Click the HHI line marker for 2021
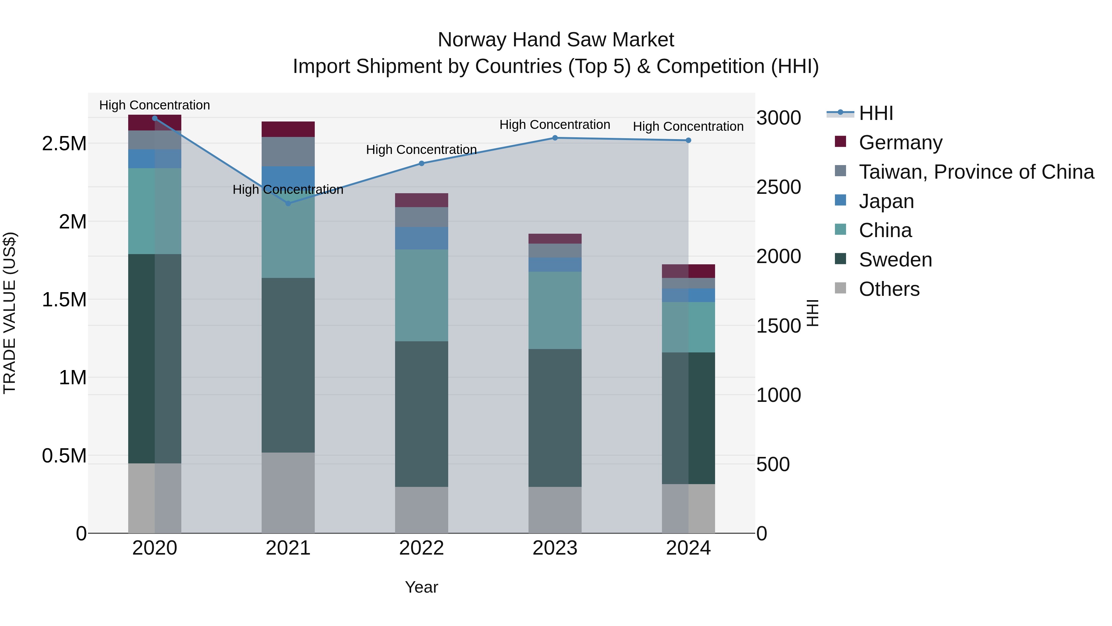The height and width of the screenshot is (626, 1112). coord(289,203)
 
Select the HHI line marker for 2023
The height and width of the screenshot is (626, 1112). coord(555,138)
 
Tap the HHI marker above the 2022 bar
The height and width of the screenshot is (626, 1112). coord(422,163)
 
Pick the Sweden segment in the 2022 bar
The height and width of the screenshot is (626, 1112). coord(421,414)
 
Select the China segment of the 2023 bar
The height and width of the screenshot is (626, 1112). coord(555,310)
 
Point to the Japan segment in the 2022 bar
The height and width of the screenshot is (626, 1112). coord(421,238)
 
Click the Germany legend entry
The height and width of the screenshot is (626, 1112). coord(900,143)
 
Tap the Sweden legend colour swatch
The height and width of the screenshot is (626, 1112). coord(840,259)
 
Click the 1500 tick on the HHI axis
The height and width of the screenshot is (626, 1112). coord(778,326)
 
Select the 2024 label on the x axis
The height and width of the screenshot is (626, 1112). coord(688,548)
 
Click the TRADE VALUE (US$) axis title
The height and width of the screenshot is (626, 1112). coord(10,313)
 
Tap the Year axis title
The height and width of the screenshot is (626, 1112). coord(421,587)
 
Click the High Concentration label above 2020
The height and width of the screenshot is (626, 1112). coord(154,105)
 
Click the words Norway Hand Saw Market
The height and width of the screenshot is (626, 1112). coord(556,40)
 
